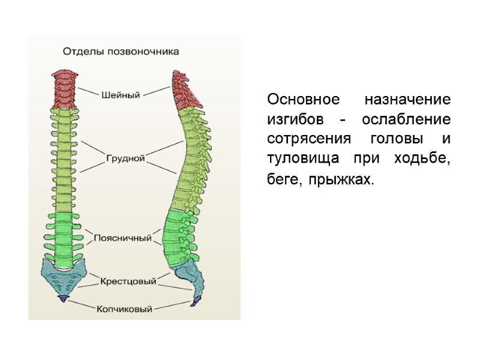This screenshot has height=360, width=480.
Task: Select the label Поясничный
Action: pos(122,238)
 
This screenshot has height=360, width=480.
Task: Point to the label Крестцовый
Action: pos(128,281)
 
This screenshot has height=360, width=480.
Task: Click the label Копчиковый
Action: pos(124,309)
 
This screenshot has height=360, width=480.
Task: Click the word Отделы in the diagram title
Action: pos(83,52)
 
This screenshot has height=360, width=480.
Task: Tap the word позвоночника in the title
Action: pos(142,52)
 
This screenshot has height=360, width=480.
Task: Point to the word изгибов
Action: pos(294,119)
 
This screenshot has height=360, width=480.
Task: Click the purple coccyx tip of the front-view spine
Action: pos(62,298)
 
